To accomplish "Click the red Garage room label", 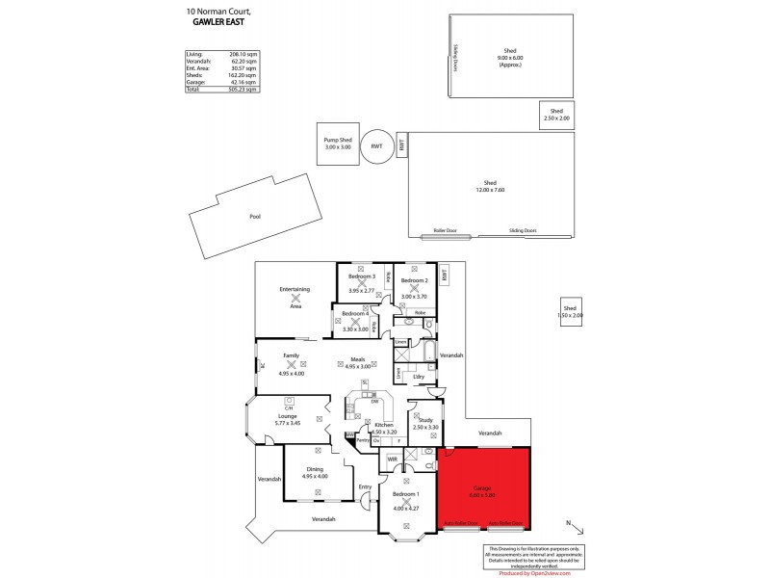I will (x=481, y=488).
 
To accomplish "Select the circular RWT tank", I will (x=376, y=145).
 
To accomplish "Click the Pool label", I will (x=255, y=217).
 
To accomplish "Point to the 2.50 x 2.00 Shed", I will (x=556, y=115).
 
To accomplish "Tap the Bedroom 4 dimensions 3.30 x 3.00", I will (x=355, y=329).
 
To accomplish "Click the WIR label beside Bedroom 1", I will (x=392, y=460).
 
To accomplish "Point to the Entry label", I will (x=365, y=486).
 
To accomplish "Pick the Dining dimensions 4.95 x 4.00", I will (x=315, y=476).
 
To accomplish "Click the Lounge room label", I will (x=288, y=416).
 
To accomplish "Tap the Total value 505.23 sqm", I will (x=244, y=89).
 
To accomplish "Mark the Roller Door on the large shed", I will (x=445, y=231).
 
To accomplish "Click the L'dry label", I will (x=419, y=376).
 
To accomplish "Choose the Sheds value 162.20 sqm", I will (x=244, y=76).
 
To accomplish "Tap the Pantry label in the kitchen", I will (x=364, y=440).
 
